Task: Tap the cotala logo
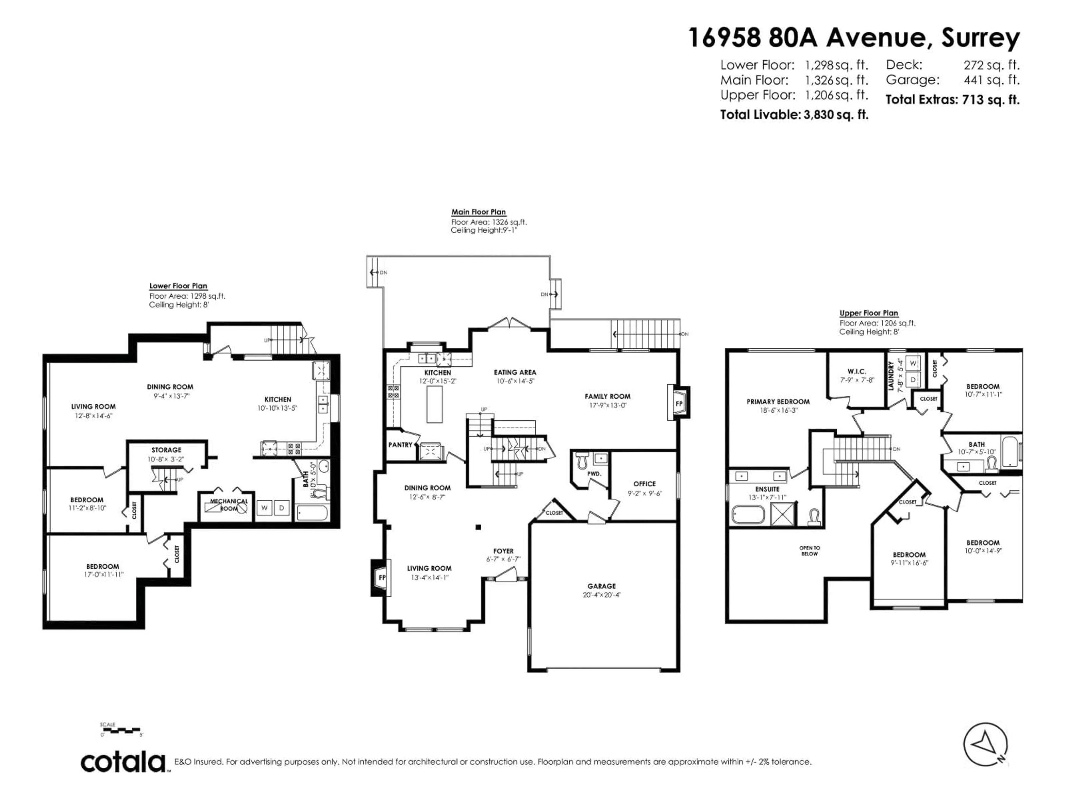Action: (123, 762)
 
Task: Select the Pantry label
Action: (401, 445)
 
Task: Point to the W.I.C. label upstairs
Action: (857, 371)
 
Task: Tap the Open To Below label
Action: (809, 551)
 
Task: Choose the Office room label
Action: (644, 484)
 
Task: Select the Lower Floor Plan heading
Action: (178, 286)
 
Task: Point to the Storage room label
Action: (166, 450)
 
